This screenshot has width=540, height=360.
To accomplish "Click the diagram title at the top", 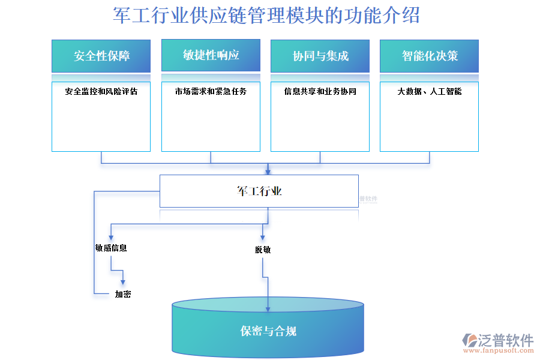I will tap(266, 16).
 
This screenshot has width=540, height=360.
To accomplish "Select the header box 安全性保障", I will tap(101, 56).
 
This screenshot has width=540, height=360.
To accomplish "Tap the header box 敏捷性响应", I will tap(211, 55).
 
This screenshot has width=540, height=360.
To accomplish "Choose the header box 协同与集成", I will tap(320, 56).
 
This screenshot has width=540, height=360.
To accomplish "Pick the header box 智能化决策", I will tap(429, 56).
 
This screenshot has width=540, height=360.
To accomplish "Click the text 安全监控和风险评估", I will tap(101, 92).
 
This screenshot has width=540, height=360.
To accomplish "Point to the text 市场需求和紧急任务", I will tap(211, 92).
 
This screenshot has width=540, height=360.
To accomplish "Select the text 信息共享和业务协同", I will tap(320, 92).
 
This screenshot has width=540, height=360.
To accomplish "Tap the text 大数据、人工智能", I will tap(429, 92).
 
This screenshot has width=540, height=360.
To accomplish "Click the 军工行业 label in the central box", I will tap(259, 191).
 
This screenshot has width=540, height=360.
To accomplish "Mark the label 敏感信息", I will tap(111, 248).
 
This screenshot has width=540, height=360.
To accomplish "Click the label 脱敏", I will tap(263, 250).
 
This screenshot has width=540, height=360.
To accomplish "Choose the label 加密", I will tap(123, 294).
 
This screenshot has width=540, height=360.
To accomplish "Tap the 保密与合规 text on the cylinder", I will tap(268, 331).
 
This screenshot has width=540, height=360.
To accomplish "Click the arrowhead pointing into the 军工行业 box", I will tap(268, 171).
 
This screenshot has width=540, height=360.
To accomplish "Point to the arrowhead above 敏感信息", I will tap(111, 237).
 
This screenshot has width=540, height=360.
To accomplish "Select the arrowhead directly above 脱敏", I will tap(263, 238).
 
